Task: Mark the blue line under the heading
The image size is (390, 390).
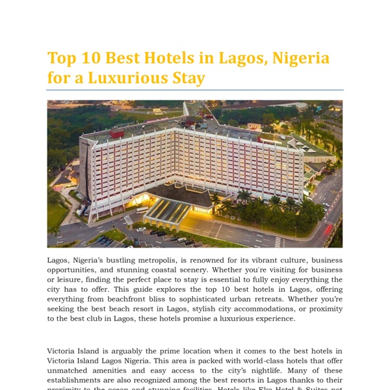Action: click(195, 90)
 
